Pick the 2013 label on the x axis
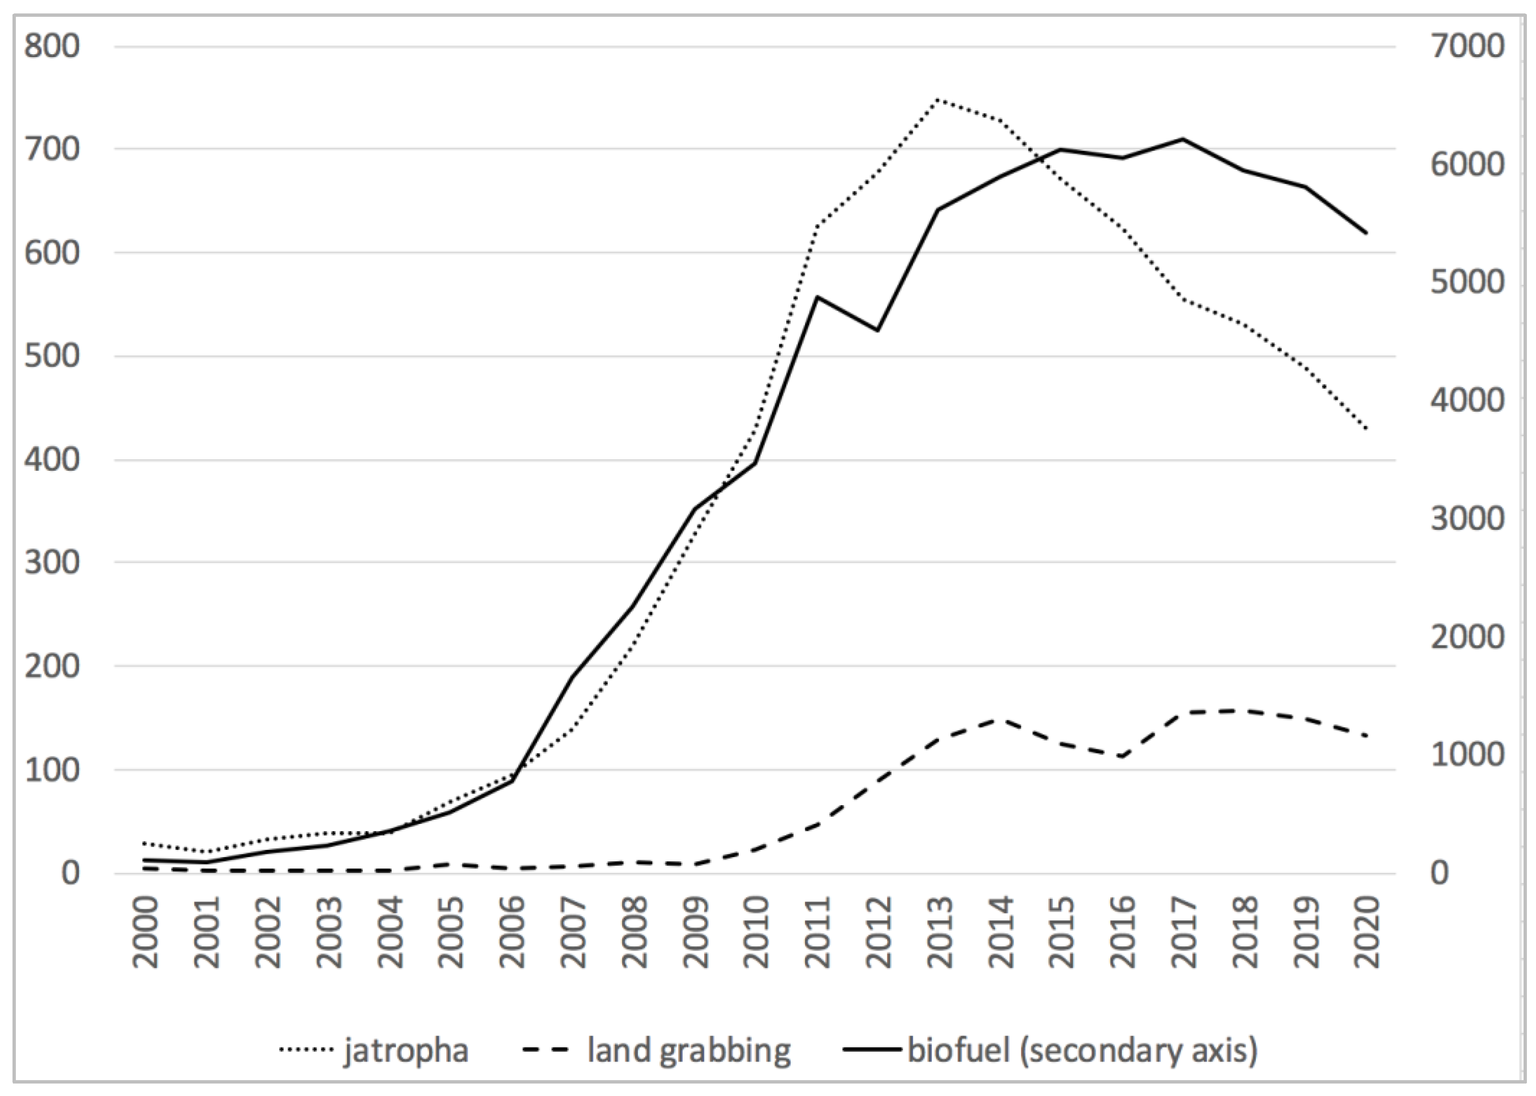pos(939,933)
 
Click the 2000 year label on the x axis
pos(144,933)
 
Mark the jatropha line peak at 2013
pos(938,99)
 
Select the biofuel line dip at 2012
pos(876,330)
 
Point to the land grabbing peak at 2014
pos(999,719)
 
